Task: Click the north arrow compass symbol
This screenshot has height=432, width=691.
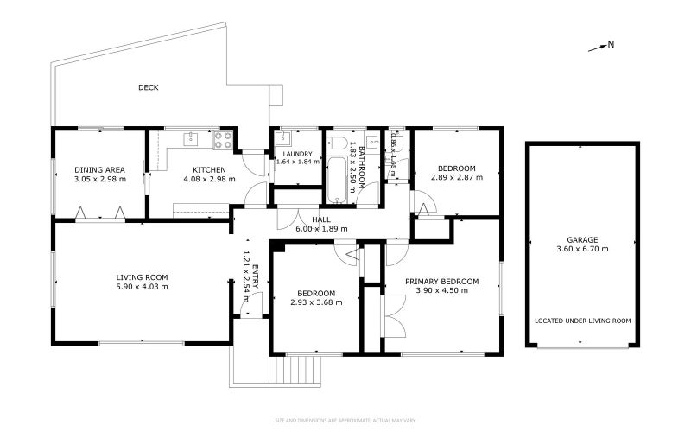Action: [x=600, y=47]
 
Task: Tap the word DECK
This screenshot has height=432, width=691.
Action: [x=148, y=87]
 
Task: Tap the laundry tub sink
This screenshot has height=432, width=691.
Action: [x=285, y=139]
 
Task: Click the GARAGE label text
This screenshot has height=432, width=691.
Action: [x=582, y=239]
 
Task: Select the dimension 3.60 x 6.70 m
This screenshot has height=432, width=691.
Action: [x=582, y=249]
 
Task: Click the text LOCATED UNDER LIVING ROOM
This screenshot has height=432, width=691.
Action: [x=582, y=321]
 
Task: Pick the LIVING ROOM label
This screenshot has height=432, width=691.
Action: [x=143, y=276]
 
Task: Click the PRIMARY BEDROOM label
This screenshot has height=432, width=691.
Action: [x=441, y=281]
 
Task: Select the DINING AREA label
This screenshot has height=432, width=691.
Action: [x=100, y=169]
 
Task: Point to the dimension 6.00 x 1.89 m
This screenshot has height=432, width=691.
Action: [x=321, y=229]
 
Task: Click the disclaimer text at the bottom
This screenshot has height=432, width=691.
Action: [x=345, y=421]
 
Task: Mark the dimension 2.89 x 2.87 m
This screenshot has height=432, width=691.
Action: [x=456, y=177]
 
